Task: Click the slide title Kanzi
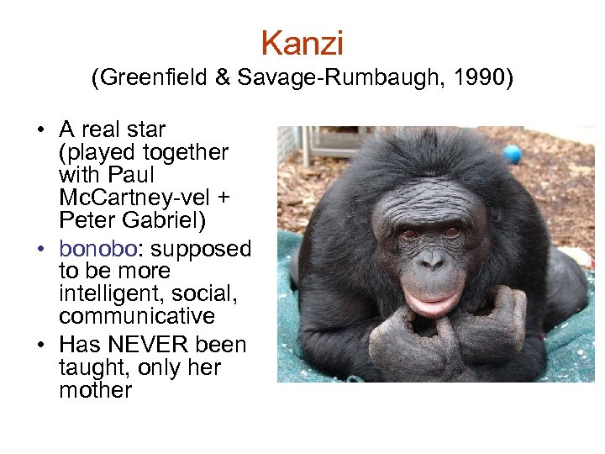302,43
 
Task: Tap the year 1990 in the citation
482,79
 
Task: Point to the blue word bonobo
97,249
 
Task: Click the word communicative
136,317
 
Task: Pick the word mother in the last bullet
95,390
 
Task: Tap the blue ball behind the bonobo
511,154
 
